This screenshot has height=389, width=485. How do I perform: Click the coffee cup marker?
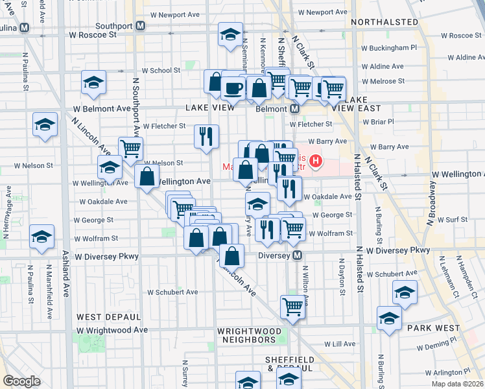tap(233, 88)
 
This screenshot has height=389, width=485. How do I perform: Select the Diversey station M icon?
tap(297, 255)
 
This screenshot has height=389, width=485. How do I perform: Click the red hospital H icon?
tap(316, 159)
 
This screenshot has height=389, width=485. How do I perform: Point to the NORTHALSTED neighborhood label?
tap(384, 22)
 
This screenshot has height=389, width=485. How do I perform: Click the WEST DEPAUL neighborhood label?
tap(108, 317)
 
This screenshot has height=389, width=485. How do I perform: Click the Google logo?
tap(21, 381)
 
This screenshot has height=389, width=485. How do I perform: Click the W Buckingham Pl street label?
tap(389, 48)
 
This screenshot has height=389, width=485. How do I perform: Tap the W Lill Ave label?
tap(341, 344)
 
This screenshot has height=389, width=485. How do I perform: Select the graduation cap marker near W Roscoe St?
tap(230, 36)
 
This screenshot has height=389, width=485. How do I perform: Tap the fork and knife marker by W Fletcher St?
tap(207, 136)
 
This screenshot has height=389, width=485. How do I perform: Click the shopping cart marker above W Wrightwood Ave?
tap(292, 306)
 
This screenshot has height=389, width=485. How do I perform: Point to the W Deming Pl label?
tap(441, 356)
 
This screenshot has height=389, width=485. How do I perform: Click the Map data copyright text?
tap(458, 384)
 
